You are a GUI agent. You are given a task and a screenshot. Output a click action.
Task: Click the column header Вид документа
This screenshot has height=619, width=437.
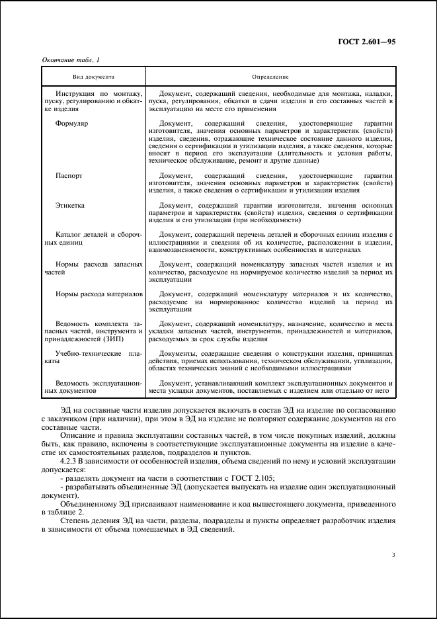click(x=94, y=77)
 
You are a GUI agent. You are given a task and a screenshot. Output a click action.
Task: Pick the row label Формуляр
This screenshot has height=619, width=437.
click(x=72, y=124)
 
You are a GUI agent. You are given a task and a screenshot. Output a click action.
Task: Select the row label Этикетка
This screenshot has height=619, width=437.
click(x=71, y=206)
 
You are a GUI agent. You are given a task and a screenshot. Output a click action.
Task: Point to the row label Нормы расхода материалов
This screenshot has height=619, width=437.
click(x=97, y=294)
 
